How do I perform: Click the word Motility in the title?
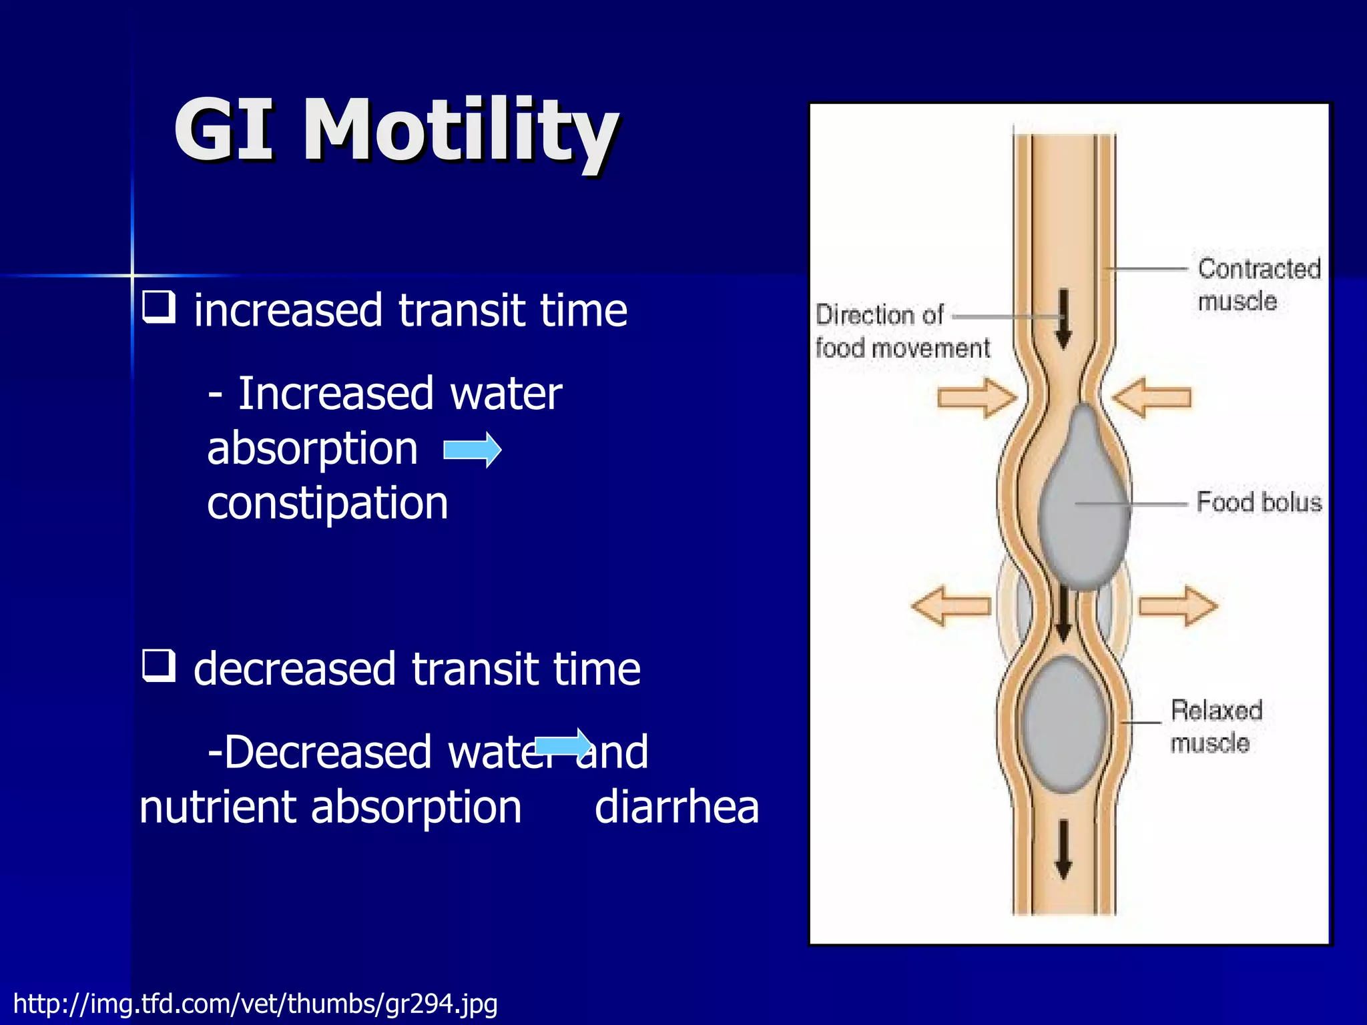coord(461,130)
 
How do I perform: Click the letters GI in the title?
coord(224,130)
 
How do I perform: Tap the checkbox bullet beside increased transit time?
coord(159,308)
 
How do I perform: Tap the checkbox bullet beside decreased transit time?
coord(159,666)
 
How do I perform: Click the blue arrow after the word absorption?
coord(473,450)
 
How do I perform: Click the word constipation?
coord(327,503)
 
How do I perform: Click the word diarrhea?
coord(676,807)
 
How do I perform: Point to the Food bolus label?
coord(1258,502)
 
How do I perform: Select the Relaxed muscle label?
coord(1216,726)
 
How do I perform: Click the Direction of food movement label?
coord(901,332)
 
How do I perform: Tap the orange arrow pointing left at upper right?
coord(1152,398)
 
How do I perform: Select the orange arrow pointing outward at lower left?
coord(950,606)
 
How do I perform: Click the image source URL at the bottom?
coord(255,1004)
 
